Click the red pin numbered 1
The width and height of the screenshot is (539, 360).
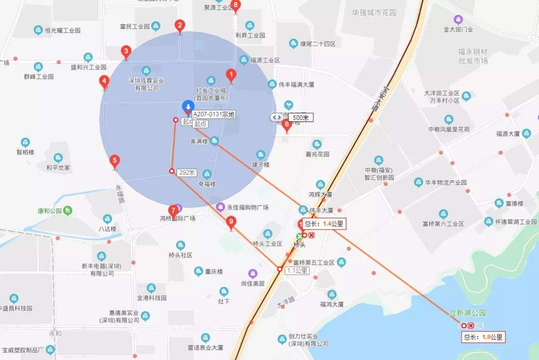(x=231, y=75)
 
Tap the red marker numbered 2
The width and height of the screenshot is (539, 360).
(x=180, y=26)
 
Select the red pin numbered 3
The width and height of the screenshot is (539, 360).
(x=126, y=51)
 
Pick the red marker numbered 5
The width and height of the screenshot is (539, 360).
(x=115, y=161)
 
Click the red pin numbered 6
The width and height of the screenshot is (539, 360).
(x=286, y=125)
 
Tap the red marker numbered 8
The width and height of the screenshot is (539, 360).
(x=236, y=6)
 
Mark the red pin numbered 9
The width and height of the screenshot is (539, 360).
(x=231, y=222)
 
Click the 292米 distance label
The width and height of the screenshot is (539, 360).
(x=187, y=172)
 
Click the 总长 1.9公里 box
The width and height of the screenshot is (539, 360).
(x=484, y=337)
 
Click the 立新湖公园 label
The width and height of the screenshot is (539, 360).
(x=468, y=313)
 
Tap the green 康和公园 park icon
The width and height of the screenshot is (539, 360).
(x=68, y=210)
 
